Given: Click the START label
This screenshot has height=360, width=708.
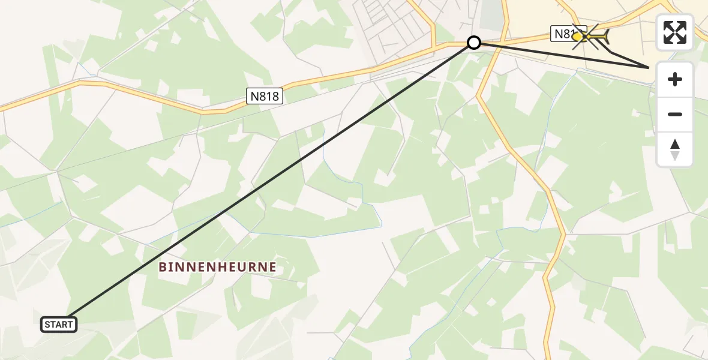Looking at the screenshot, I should [59, 325].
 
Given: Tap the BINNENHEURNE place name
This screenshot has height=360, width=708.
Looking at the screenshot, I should [217, 268].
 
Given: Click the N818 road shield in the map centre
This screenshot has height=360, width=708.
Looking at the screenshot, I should [264, 95].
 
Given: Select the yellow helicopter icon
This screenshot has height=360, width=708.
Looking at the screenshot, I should [589, 37].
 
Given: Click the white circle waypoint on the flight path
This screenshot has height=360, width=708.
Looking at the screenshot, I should [474, 42].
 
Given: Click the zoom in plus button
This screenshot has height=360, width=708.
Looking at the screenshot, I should [675, 79].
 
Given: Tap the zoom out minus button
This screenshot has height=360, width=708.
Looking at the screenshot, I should [675, 114].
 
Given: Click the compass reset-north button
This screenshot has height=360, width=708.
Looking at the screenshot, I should [675, 149].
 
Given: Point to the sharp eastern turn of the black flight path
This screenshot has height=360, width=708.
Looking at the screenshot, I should [650, 68].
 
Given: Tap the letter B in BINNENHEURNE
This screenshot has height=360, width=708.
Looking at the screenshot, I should [163, 268].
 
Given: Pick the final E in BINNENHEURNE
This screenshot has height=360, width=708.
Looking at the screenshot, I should [272, 268].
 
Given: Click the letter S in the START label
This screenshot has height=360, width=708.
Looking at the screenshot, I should [47, 325].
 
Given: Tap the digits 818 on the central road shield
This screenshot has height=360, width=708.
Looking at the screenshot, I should [268, 95].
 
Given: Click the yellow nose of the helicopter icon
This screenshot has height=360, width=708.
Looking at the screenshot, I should [577, 37].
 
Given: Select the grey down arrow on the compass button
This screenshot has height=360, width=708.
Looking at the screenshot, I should [675, 156].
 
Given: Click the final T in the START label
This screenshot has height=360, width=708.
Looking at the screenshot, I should [70, 325].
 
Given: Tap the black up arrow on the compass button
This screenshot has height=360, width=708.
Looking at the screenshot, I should [675, 144].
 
